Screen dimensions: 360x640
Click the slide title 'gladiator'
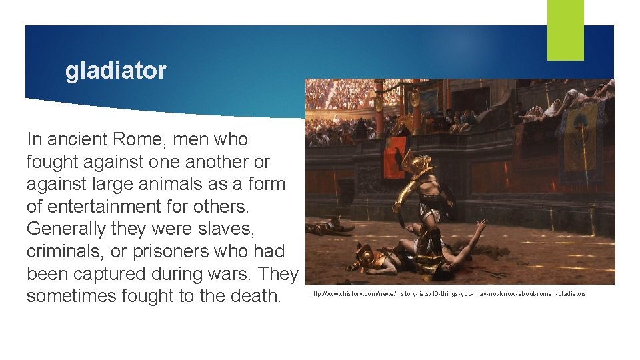[x=115, y=71]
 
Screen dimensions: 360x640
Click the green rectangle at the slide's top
[x=565, y=30]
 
